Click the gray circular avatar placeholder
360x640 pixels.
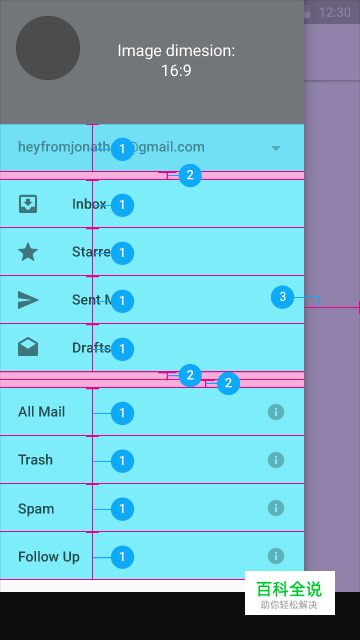[x=48, y=48]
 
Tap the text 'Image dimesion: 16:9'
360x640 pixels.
[x=176, y=60]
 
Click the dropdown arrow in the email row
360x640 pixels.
[x=276, y=148]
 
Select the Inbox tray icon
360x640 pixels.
[x=29, y=204]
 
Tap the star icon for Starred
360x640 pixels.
[x=29, y=252]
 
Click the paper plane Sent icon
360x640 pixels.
[x=29, y=300]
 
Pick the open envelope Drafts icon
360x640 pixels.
[x=29, y=348]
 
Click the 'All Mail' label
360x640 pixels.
[x=41, y=412]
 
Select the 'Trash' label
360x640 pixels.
[x=35, y=460]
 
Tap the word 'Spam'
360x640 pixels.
[x=36, y=508]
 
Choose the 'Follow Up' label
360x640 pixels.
[x=49, y=556]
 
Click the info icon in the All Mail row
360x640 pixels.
[x=276, y=412]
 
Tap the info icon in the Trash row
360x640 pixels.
[x=276, y=460]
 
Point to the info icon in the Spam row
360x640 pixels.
[x=276, y=508]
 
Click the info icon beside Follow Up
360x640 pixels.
[x=276, y=556]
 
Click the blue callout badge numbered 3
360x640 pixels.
[x=283, y=297]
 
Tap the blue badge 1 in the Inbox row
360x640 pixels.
[x=122, y=205]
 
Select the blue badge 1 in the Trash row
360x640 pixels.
[x=122, y=461]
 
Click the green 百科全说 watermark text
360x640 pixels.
[x=289, y=588]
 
